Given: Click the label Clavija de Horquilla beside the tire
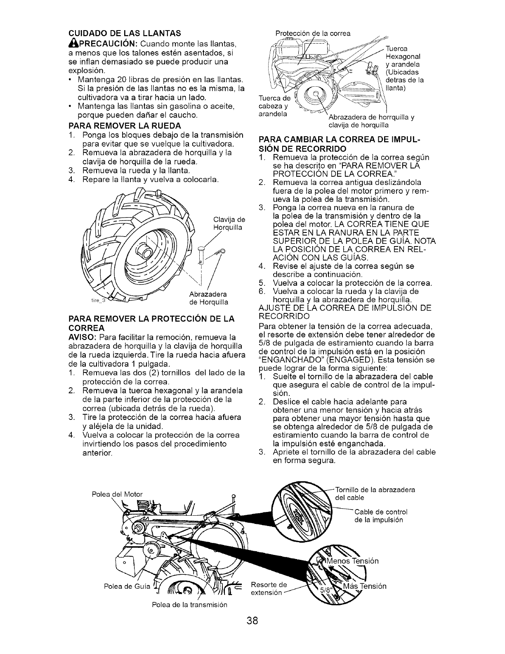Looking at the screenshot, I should pos(229,223).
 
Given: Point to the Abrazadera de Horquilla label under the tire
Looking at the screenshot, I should pos(208,298).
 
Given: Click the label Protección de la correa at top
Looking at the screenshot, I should pos(313,33).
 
